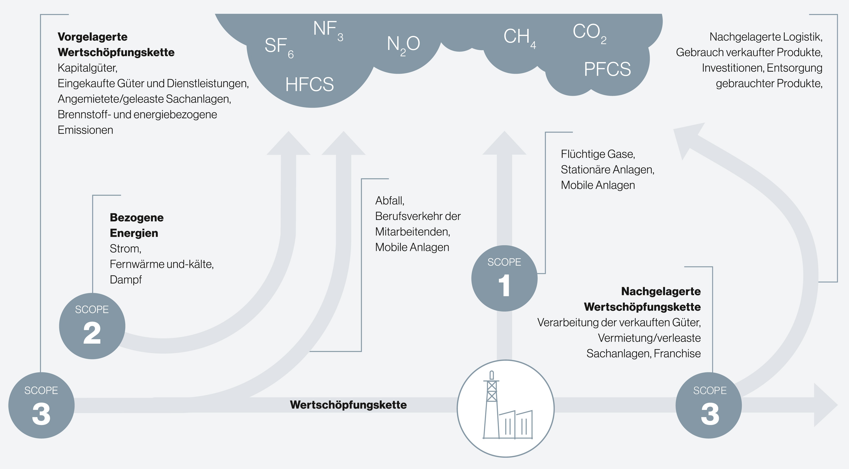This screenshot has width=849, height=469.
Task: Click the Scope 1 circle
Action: pos(504,278)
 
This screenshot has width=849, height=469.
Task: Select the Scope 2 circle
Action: pos(92,326)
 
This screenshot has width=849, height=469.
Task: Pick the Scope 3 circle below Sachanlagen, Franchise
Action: pos(709,405)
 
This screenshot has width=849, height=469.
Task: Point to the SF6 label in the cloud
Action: pos(279,47)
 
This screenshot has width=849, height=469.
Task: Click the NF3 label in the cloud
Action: pos(328,31)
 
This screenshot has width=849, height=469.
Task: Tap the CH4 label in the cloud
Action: pos(519,38)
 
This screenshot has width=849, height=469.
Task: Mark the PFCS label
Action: pos(607,69)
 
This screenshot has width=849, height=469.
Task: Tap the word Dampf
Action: pos(126,280)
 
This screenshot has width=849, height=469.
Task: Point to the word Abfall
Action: pos(389,200)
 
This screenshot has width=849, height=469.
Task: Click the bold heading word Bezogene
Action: pos(136,218)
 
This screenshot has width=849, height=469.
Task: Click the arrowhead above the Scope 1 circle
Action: pos(504,143)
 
